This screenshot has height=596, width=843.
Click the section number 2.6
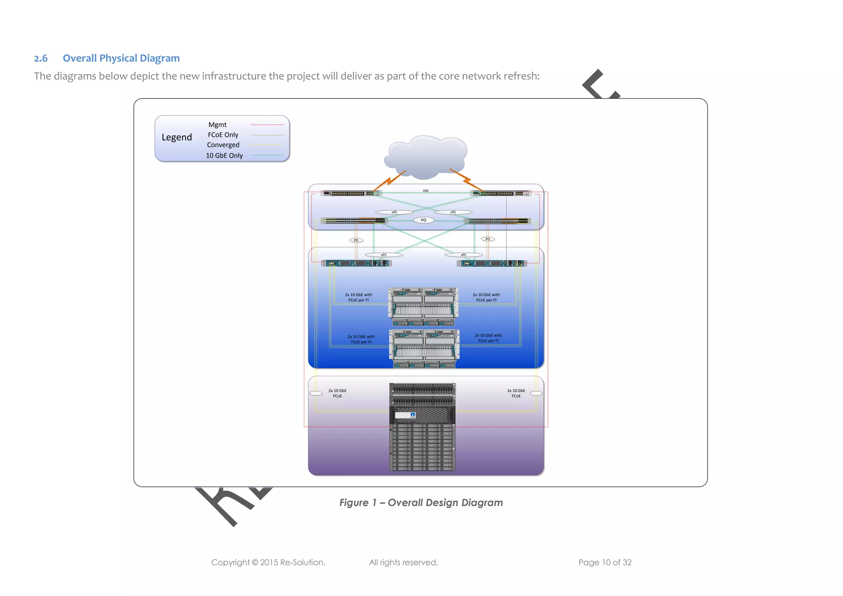[41, 58]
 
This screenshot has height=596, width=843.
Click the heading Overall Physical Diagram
[121, 58]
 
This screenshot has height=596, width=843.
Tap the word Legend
[177, 137]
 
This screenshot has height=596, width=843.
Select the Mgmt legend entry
[217, 125]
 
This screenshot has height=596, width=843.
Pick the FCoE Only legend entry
[223, 135]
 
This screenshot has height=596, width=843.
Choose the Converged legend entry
[223, 145]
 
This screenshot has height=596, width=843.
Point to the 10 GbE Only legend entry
[224, 156]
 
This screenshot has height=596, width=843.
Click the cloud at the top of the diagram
[426, 156]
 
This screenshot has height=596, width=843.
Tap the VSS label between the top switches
[426, 191]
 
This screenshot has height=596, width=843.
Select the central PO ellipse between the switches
[424, 220]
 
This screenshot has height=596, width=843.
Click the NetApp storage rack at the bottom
[422, 427]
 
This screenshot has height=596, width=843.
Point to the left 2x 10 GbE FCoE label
[338, 393]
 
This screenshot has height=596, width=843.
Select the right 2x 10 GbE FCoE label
[516, 393]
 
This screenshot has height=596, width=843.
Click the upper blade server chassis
[423, 306]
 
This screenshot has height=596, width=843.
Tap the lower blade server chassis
[424, 348]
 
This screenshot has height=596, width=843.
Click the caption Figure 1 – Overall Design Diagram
[421, 503]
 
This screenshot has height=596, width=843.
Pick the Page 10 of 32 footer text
[605, 563]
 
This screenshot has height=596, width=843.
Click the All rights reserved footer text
[403, 563]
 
